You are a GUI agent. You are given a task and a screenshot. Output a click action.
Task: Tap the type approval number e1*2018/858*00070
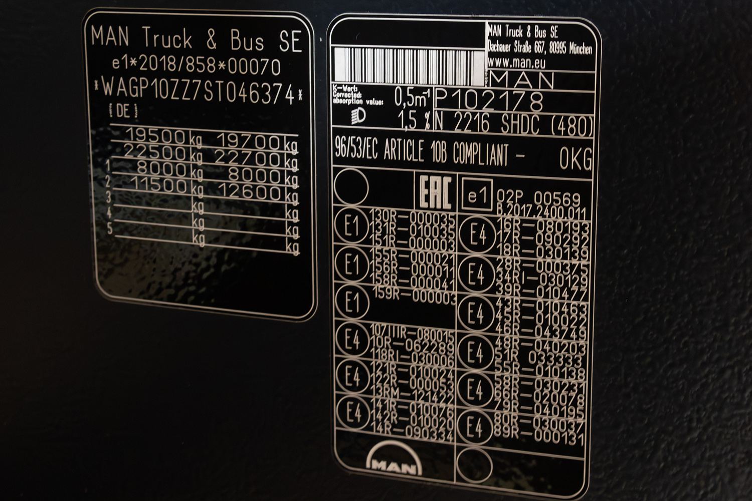click(x=196, y=65)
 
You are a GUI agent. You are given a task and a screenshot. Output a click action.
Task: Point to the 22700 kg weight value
click(x=248, y=158)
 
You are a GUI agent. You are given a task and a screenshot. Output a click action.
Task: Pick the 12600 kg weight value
click(x=248, y=192)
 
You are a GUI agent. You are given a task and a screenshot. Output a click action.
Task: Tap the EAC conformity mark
click(x=435, y=192)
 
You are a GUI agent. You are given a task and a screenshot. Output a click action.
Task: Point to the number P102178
click(x=489, y=101)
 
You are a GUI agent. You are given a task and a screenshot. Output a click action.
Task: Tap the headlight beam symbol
click(x=359, y=117)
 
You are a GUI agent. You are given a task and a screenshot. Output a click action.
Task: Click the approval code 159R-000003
click(x=414, y=295)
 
